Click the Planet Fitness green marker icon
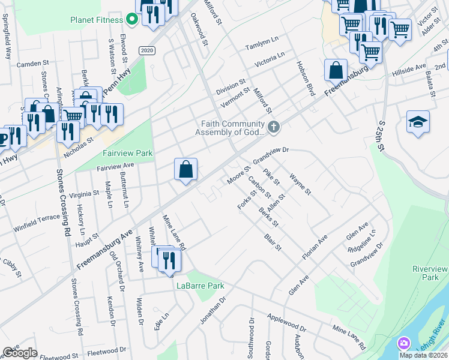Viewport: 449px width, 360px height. (x=132, y=19)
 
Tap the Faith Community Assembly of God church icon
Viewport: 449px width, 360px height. (x=274, y=127)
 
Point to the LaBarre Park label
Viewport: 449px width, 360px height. (x=200, y=286)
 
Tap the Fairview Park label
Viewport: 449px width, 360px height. (x=127, y=154)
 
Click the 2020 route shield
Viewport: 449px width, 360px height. (x=146, y=51)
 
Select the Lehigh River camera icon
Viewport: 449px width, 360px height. (x=403, y=344)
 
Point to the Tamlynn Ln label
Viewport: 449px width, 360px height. (x=262, y=46)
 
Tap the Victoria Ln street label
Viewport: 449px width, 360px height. (x=270, y=59)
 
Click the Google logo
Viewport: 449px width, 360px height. (x=20, y=353)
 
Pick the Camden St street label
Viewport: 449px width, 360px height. (x=32, y=63)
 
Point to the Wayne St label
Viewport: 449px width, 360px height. (x=300, y=185)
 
